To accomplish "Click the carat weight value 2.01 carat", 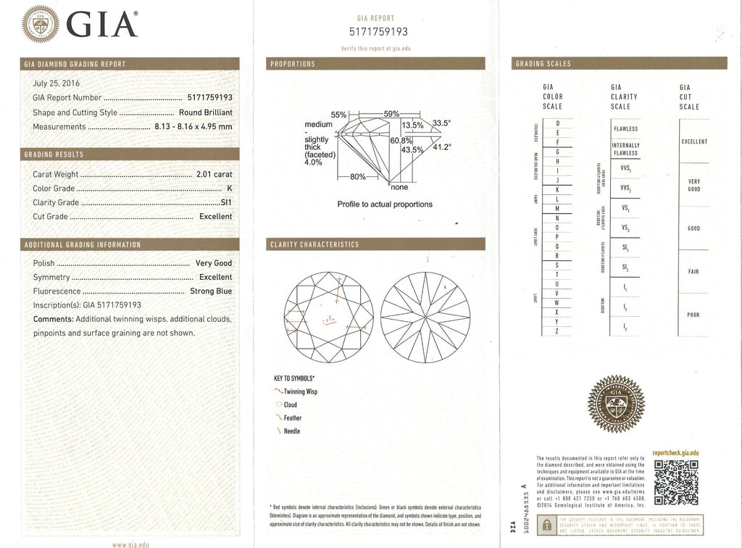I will coord(214,175).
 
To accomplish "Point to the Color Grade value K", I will coord(229,188).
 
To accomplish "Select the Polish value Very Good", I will coord(214,264).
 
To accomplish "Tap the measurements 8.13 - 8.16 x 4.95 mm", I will coord(193,126).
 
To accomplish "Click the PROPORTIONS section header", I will coord(292,64).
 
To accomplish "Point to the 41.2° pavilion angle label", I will coord(441,147).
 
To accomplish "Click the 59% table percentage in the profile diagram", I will coord(391,114).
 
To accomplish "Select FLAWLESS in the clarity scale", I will coord(625,129).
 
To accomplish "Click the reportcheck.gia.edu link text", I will coord(675,452).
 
